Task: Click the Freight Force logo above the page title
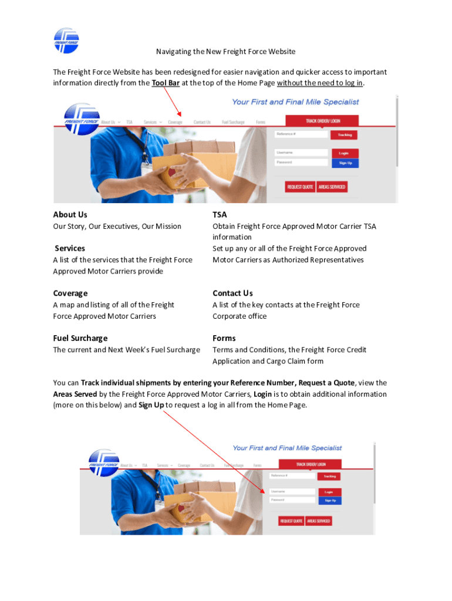click(66, 40)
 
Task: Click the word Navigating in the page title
click(174, 52)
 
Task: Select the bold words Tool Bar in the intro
click(166, 83)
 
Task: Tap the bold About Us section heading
click(70, 215)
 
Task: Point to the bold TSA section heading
click(220, 215)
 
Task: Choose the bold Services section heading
click(70, 248)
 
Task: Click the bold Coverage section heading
click(70, 293)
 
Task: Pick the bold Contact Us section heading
click(232, 293)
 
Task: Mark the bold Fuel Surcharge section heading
click(80, 338)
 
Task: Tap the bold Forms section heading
click(224, 338)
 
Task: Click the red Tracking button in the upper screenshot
click(344, 135)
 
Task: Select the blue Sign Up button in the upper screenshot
click(345, 163)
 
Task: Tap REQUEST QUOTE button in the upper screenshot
click(299, 187)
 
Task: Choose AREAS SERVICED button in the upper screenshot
click(332, 187)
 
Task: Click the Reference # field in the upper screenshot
click(301, 134)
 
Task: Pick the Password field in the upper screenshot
click(301, 162)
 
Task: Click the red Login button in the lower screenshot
click(329, 492)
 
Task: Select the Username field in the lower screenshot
click(292, 491)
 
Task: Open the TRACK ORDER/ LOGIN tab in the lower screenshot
click(310, 464)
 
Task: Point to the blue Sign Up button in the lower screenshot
click(329, 501)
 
